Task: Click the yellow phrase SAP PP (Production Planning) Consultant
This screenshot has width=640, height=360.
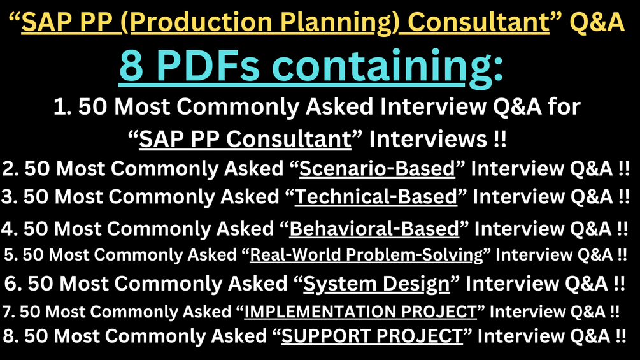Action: tap(285, 22)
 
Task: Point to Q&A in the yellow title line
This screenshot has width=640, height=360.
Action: tap(597, 22)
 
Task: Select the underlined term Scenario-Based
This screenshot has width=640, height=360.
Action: tap(378, 169)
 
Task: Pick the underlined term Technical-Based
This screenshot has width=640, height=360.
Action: tap(376, 197)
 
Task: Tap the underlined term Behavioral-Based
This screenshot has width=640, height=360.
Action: tap(374, 227)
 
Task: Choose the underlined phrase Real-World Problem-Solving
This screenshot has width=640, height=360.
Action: tap(366, 255)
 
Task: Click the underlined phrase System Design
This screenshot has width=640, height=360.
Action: tap(376, 284)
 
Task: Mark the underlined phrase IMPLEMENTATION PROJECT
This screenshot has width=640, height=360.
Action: tap(360, 312)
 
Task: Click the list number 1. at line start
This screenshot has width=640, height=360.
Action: tap(62, 106)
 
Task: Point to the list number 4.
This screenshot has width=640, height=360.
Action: tap(9, 227)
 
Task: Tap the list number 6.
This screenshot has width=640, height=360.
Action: tap(11, 284)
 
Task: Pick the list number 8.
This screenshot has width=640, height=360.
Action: tap(10, 335)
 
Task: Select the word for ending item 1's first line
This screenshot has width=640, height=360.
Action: tap(564, 106)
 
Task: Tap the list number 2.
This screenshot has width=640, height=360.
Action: tap(9, 169)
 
